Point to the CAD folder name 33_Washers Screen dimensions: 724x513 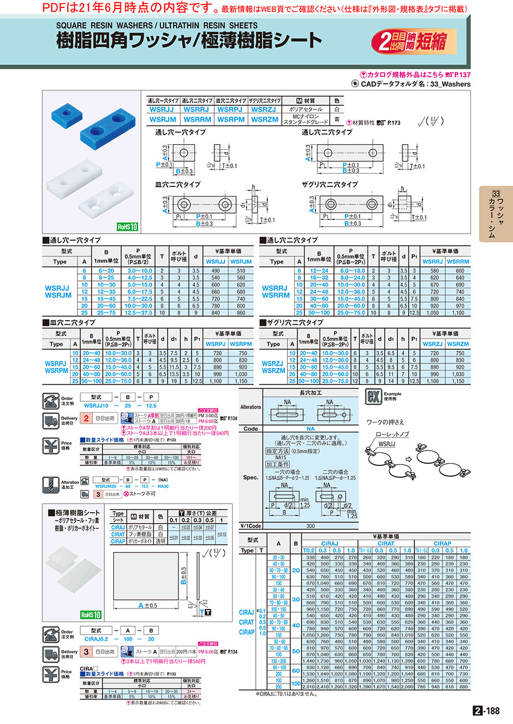click(x=450, y=84)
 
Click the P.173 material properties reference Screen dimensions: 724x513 click(x=393, y=122)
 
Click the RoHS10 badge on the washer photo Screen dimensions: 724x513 click(x=127, y=226)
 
